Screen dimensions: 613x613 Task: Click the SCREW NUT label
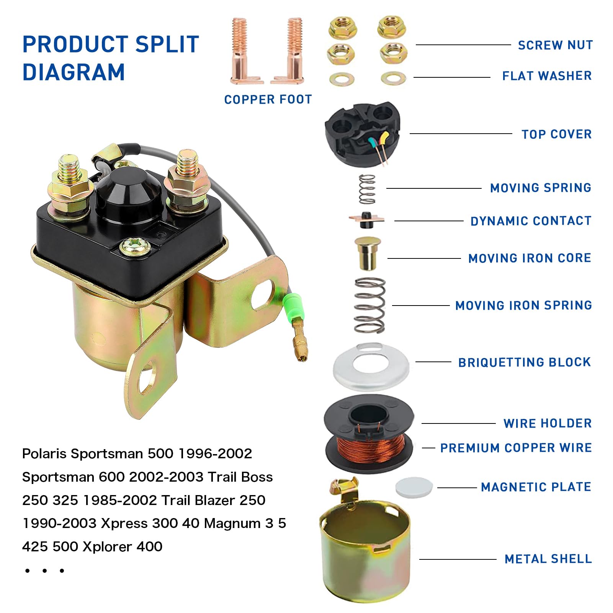(x=555, y=45)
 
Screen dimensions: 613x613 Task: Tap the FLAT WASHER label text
(x=547, y=76)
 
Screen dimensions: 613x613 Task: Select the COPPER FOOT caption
(x=268, y=100)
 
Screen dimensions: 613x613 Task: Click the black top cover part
(x=361, y=134)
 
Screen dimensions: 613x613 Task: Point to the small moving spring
(x=367, y=189)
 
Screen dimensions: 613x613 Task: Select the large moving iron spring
(x=369, y=305)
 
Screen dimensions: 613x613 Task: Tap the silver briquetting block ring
(x=371, y=367)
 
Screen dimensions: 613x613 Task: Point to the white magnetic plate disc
(x=414, y=487)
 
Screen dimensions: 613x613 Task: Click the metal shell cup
(x=366, y=555)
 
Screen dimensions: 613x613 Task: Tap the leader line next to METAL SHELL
(x=458, y=559)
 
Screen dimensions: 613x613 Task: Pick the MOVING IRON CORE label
(x=530, y=258)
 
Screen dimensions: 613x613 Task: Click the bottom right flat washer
(x=393, y=78)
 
